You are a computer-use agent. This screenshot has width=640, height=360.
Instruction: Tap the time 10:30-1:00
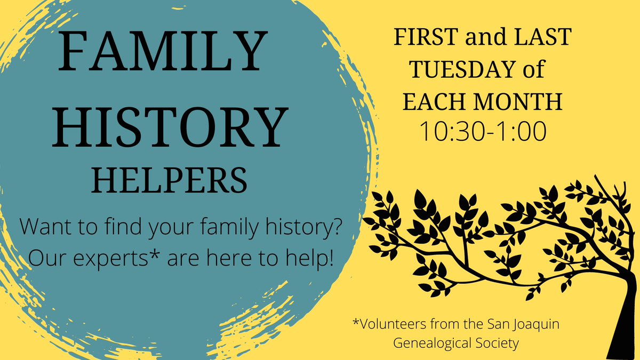[483, 132]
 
